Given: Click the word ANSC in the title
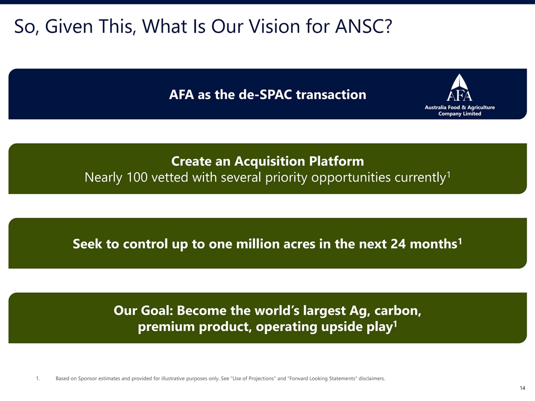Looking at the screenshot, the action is (x=364, y=26).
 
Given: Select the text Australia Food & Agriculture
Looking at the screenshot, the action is (x=460, y=107).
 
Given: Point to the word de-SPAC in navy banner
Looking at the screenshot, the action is (x=265, y=95).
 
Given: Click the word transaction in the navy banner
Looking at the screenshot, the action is (x=331, y=95).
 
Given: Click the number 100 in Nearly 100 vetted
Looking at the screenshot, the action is (x=137, y=177).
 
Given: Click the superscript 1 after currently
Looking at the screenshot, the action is (x=449, y=174).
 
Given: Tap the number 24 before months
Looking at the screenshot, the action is (x=398, y=244).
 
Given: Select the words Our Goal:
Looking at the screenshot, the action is (x=144, y=311).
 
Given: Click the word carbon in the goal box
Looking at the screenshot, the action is (x=397, y=311).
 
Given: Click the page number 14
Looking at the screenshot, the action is (x=522, y=388).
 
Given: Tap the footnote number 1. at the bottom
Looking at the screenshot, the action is (x=38, y=378).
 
